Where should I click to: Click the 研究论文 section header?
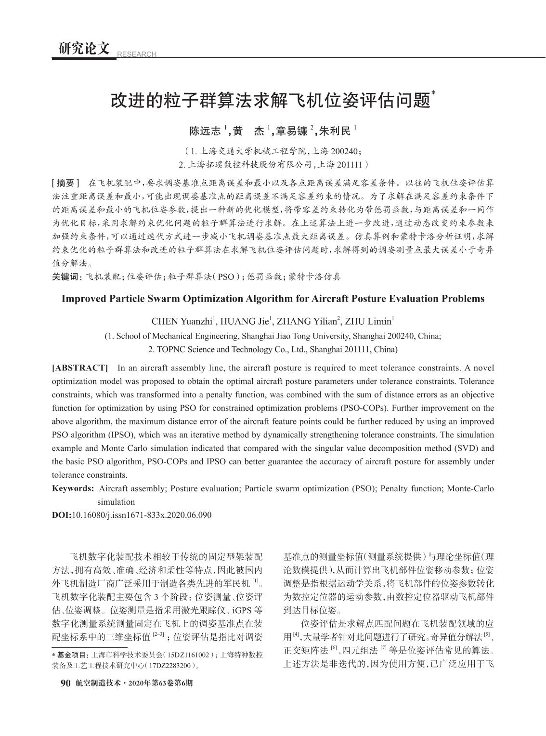pyautogui.click(x=84, y=49)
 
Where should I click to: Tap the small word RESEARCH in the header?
pyautogui.click(x=137, y=54)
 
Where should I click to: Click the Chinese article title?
pyautogui.click(x=271, y=100)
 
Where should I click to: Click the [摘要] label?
pyautogui.click(x=66, y=183)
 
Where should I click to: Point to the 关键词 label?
pyautogui.click(x=66, y=276)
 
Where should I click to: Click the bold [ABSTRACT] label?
pyautogui.click(x=80, y=368)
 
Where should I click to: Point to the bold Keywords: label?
pyautogui.click(x=73, y=488)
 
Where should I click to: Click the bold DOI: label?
pyautogui.click(x=61, y=515)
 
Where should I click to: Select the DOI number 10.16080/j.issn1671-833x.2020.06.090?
pyautogui.click(x=141, y=515)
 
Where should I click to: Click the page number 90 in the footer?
pyautogui.click(x=65, y=683)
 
